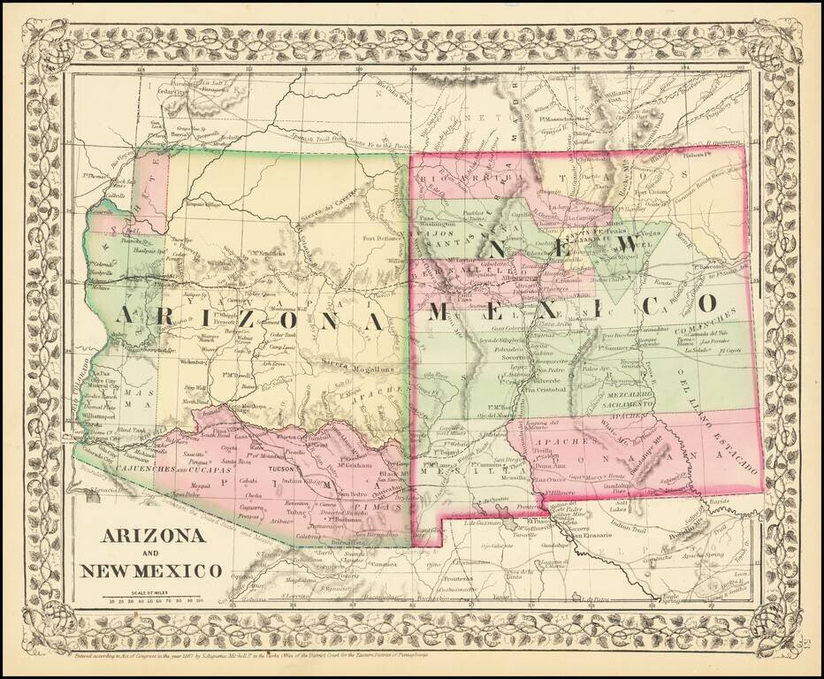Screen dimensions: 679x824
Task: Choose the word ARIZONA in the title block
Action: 153,536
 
